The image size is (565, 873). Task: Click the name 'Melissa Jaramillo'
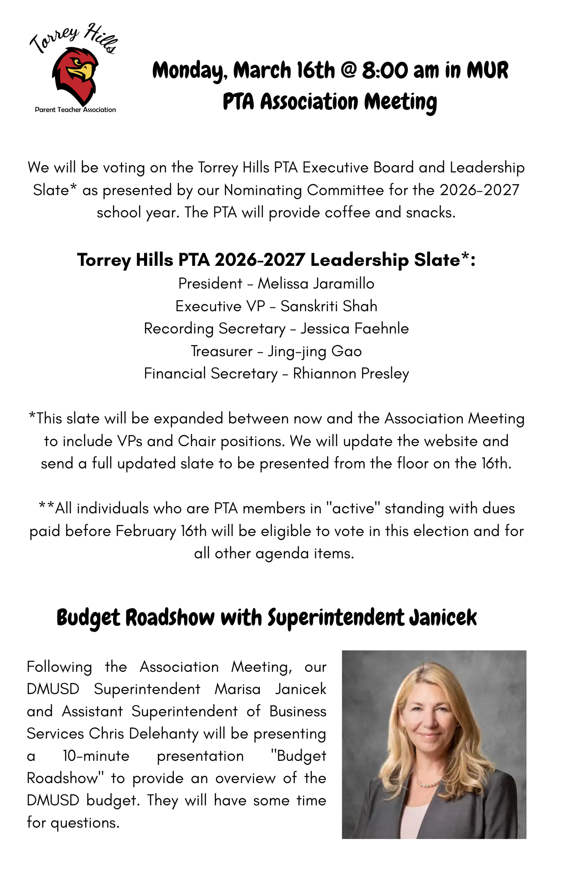pos(316,284)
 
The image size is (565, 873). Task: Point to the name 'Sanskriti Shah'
pos(328,306)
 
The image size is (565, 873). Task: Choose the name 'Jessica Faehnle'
pos(354,329)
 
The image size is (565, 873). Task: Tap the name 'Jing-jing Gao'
pos(314,351)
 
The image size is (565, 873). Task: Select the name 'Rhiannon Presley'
pos(351,374)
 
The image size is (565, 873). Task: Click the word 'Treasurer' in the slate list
pos(222,351)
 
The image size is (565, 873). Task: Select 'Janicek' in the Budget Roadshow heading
pos(443,618)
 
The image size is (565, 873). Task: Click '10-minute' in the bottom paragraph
pos(96,756)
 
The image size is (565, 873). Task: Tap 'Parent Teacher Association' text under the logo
pos(75,110)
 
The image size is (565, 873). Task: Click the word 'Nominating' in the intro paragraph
pos(262,190)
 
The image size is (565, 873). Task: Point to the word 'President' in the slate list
pos(210,284)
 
